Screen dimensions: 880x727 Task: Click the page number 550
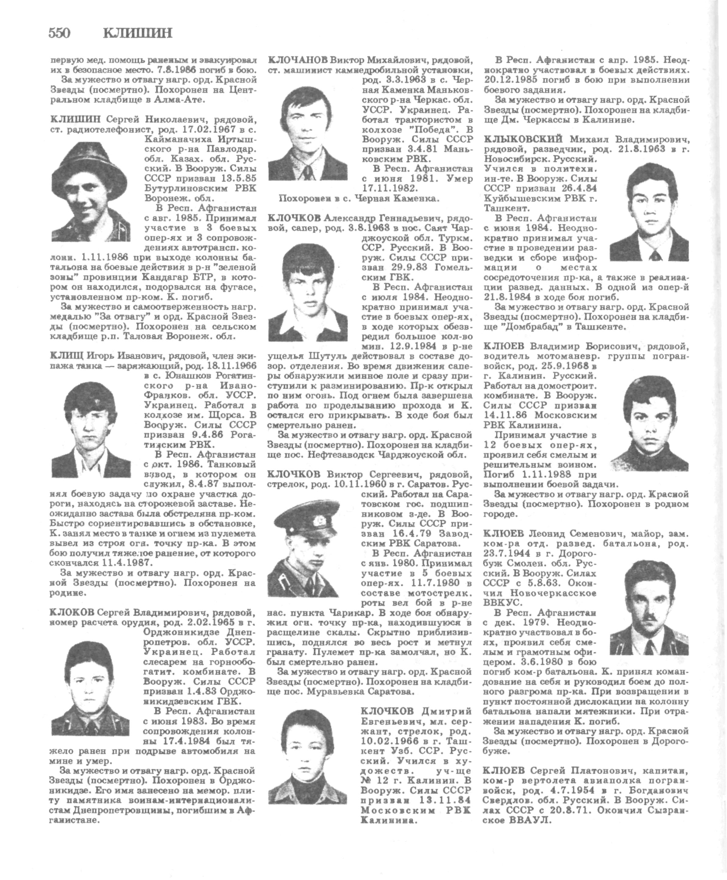click(59, 33)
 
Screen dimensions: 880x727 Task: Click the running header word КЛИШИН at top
click(137, 33)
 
